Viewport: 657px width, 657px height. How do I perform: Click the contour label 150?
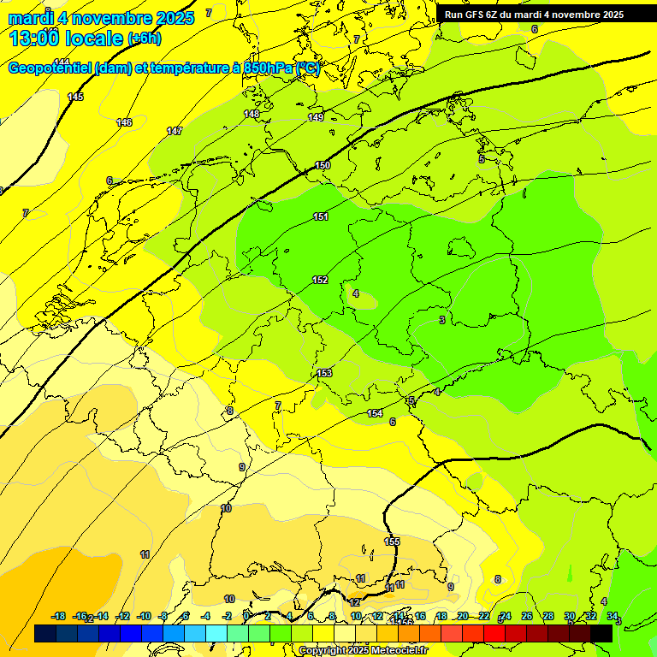[323, 165]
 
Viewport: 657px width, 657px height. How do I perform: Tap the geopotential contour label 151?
[321, 216]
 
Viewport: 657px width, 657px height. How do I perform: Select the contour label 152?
[320, 280]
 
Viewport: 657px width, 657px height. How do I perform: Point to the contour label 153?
[324, 373]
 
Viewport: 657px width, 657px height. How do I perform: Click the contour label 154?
[375, 413]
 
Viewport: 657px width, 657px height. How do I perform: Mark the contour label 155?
[392, 542]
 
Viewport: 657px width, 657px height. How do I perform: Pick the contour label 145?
[76, 97]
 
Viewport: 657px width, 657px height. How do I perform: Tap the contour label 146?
[124, 122]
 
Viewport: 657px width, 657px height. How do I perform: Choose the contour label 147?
[175, 131]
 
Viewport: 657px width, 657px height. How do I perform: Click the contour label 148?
[252, 114]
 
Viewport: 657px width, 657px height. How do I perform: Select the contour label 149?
[316, 117]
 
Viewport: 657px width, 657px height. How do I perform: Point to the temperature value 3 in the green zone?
[441, 320]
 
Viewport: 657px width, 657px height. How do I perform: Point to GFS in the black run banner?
[475, 15]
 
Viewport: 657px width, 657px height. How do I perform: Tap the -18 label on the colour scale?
[59, 616]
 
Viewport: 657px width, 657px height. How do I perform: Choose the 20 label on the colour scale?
[462, 616]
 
